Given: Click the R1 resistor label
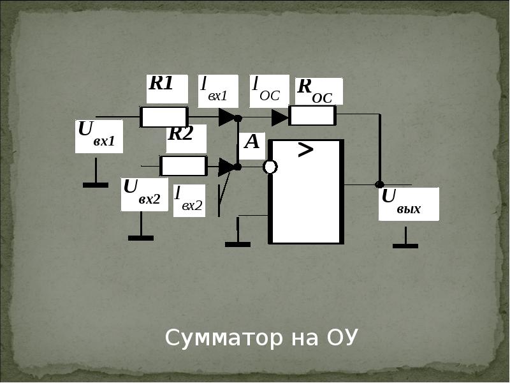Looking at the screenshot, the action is click(x=161, y=83).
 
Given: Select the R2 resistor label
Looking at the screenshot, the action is click(x=181, y=133).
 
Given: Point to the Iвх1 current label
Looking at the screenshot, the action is click(x=214, y=89).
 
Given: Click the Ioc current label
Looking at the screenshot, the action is click(x=266, y=89).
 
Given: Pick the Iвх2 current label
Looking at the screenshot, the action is click(x=189, y=199).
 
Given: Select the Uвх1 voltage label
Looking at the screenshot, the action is click(x=97, y=133).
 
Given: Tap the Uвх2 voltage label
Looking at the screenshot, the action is click(x=142, y=192).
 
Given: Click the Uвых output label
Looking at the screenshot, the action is click(x=401, y=202).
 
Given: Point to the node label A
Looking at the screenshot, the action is click(x=252, y=142).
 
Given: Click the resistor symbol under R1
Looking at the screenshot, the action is click(x=164, y=117).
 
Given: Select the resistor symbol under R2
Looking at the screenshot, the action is click(x=184, y=166).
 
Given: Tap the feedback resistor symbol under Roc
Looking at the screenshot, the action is click(x=312, y=116).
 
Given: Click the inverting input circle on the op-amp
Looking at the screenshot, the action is click(x=270, y=167).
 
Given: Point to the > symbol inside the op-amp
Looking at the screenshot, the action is click(x=305, y=150).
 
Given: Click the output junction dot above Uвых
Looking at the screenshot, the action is click(x=379, y=184).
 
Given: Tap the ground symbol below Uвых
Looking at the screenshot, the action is click(x=405, y=237).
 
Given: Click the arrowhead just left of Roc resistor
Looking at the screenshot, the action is click(x=280, y=117).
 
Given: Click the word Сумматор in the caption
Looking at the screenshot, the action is click(x=224, y=338).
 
